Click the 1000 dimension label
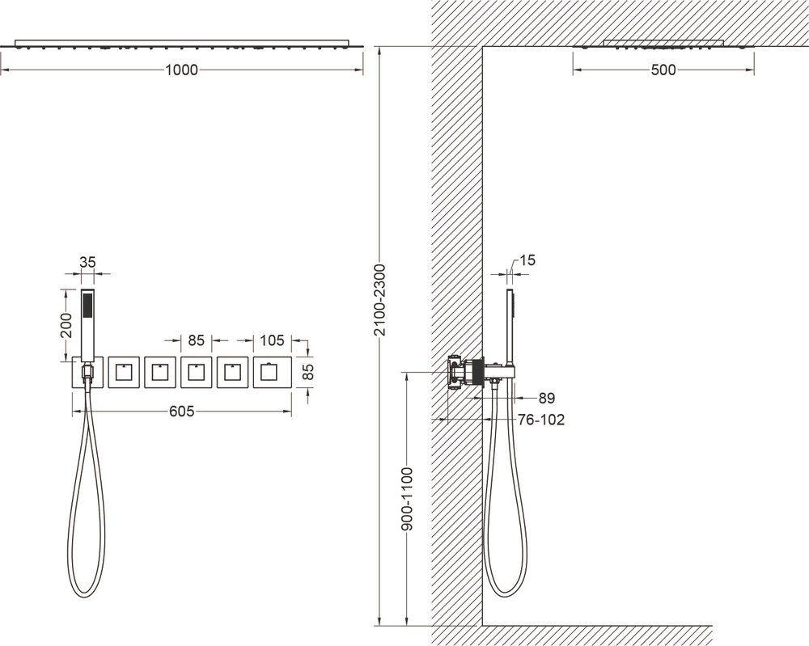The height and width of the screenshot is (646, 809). coord(181,70)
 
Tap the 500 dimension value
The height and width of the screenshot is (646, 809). coord(663,70)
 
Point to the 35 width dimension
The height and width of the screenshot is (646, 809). coord(87,263)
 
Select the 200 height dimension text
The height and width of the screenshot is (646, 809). coord(66,325)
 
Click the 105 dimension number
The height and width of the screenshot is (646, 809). coord(272,340)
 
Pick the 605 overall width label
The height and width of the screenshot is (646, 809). coord(181,411)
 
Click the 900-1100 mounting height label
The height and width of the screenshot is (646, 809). coord(407,499)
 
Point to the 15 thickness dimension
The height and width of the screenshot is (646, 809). coord(527,260)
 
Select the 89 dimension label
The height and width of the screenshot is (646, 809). coord(546,398)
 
